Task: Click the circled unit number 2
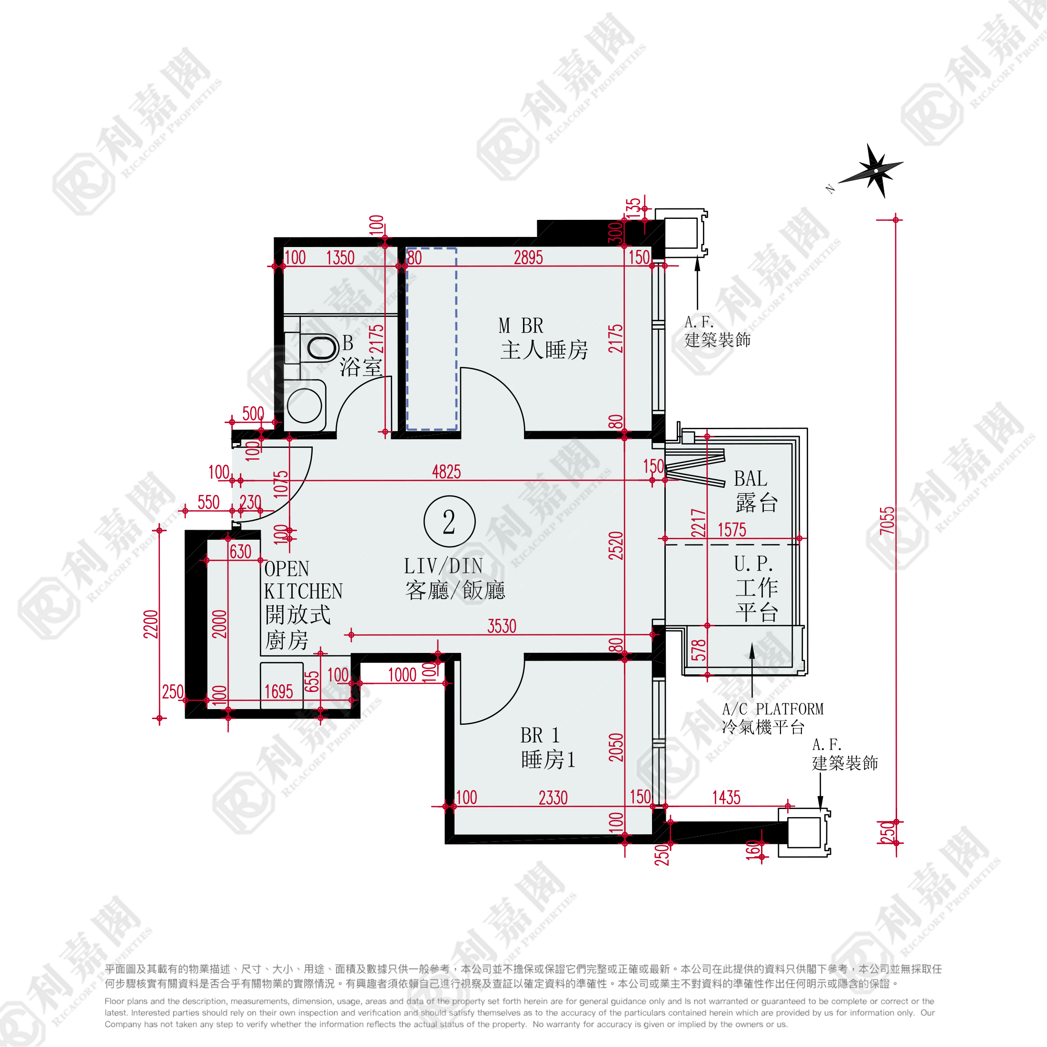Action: pos(449,521)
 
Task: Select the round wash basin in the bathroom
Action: pos(305,405)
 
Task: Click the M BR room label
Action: pos(521,326)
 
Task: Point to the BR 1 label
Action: pos(540,735)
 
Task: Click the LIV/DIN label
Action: pos(443,566)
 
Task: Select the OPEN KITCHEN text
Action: pos(303,580)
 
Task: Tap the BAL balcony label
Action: pos(751,478)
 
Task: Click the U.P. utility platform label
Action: pos(753,563)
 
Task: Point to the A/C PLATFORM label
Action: pos(773,709)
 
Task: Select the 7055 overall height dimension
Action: pos(887,521)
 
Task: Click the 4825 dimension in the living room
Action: pos(446,472)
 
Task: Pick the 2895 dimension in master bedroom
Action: pos(528,257)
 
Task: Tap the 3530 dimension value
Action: pos(502,626)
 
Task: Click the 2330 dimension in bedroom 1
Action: pos(553,798)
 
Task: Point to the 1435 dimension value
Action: pos(726,798)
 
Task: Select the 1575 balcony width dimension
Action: pos(732,530)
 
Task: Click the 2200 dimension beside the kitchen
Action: pos(151,624)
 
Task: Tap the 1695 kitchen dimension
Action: pos(278,691)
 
